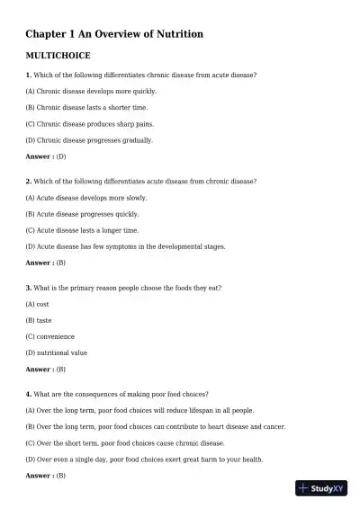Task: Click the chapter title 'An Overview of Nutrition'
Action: pyautogui.click(x=114, y=34)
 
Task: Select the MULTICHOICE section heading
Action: pyautogui.click(x=58, y=56)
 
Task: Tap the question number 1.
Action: pyautogui.click(x=29, y=75)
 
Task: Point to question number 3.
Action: pyautogui.click(x=29, y=288)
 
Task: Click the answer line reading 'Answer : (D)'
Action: pyautogui.click(x=46, y=156)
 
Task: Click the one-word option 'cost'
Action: pyautogui.click(x=38, y=304)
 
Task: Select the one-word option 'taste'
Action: pyautogui.click(x=39, y=320)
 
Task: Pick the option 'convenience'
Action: pyautogui.click(x=50, y=336)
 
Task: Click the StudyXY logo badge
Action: pyautogui.click(x=321, y=488)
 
